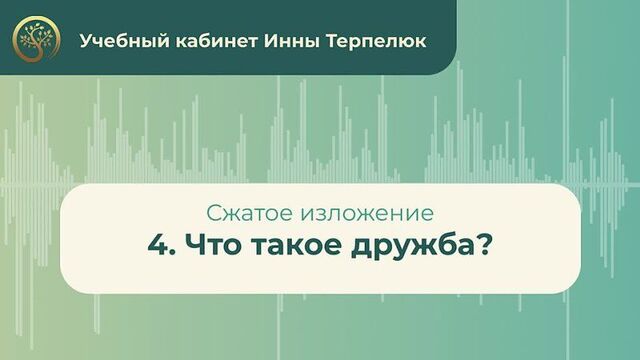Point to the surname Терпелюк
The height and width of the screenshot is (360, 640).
point(368,42)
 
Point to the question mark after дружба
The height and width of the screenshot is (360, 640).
point(481,245)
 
